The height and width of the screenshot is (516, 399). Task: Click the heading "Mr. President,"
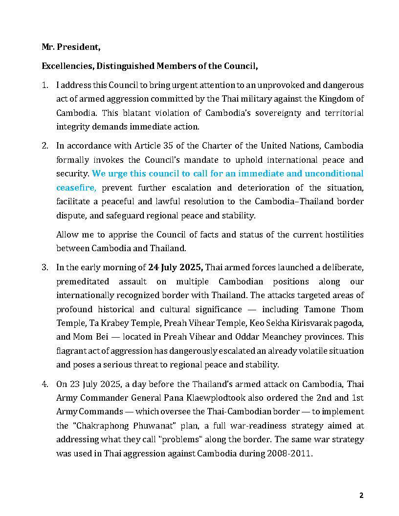click(x=71, y=47)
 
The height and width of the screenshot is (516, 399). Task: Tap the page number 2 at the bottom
click(x=361, y=495)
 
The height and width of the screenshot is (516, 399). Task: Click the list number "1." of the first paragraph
click(x=45, y=85)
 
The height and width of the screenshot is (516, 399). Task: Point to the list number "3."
click(x=45, y=267)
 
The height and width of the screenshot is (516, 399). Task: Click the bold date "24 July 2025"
click(x=175, y=267)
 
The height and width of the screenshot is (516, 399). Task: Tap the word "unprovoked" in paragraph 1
click(x=255, y=85)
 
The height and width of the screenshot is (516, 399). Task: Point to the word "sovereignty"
click(x=273, y=112)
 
